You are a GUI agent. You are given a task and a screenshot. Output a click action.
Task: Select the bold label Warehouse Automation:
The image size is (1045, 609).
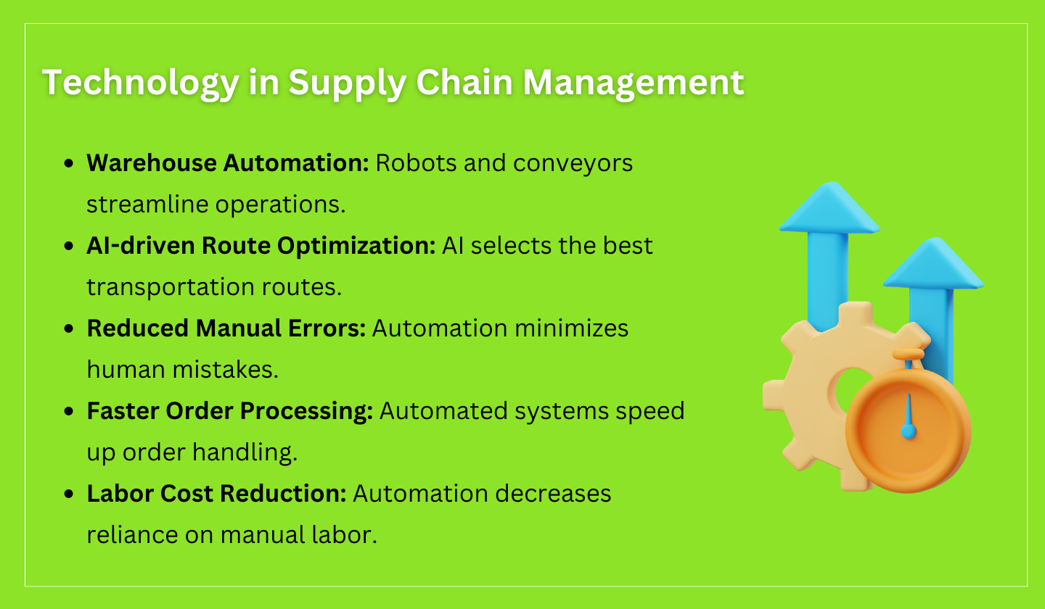228,163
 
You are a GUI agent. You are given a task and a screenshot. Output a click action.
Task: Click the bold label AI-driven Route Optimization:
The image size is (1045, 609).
261,246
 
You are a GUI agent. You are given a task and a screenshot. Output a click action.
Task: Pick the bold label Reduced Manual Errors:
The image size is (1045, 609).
226,328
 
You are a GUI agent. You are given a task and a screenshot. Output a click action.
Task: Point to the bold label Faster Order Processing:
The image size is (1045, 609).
229,411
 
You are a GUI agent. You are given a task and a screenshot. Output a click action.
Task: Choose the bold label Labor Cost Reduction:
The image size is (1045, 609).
216,494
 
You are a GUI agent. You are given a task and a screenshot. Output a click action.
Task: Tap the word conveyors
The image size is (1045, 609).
573,163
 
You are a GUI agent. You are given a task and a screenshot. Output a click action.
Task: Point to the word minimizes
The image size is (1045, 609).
571,328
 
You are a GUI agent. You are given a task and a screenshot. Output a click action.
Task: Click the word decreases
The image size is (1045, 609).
564,494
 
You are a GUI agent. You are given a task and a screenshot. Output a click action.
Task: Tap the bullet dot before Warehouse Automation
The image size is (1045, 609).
70,165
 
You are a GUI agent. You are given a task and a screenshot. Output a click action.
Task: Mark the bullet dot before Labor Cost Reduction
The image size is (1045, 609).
70,495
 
